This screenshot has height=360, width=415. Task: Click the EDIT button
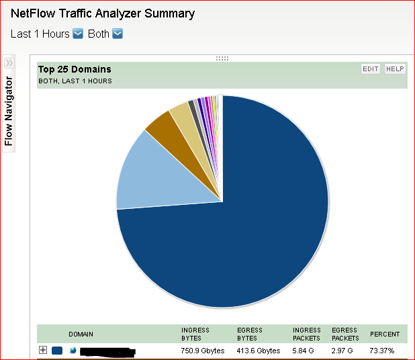[371, 69]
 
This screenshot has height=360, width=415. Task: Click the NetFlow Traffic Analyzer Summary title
[103, 13]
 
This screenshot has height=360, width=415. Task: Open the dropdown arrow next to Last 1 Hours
[78, 34]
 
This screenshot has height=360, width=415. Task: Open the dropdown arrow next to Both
[118, 34]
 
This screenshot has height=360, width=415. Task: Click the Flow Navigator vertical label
[9, 111]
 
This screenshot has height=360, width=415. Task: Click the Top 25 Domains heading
[75, 69]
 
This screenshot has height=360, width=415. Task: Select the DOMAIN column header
[81, 334]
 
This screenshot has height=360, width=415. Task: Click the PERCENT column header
[385, 334]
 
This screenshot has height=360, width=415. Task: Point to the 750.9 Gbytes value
[202, 351]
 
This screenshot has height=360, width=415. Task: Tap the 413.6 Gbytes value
[259, 351]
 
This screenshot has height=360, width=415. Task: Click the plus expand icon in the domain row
[43, 350]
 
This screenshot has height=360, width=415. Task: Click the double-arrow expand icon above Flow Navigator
[9, 62]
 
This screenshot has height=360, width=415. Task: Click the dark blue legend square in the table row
[57, 351]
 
